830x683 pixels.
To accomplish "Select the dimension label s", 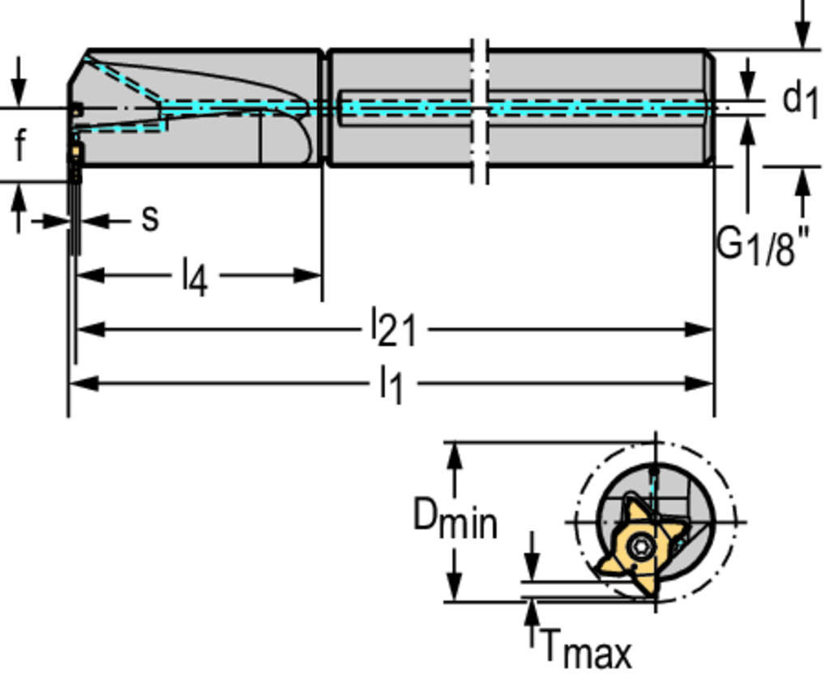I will (150, 217).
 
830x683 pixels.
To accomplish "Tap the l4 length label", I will (195, 277).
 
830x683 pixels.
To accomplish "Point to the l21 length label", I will (393, 329).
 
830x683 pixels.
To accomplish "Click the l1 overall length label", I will (391, 384).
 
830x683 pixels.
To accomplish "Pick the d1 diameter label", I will (799, 100).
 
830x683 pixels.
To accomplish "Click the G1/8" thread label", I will (762, 245).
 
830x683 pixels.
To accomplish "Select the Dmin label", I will (454, 519).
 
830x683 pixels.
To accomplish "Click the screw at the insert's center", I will (641, 547).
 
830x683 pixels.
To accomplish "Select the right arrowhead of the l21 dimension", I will (700, 329).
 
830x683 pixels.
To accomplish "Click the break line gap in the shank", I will (480, 109).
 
